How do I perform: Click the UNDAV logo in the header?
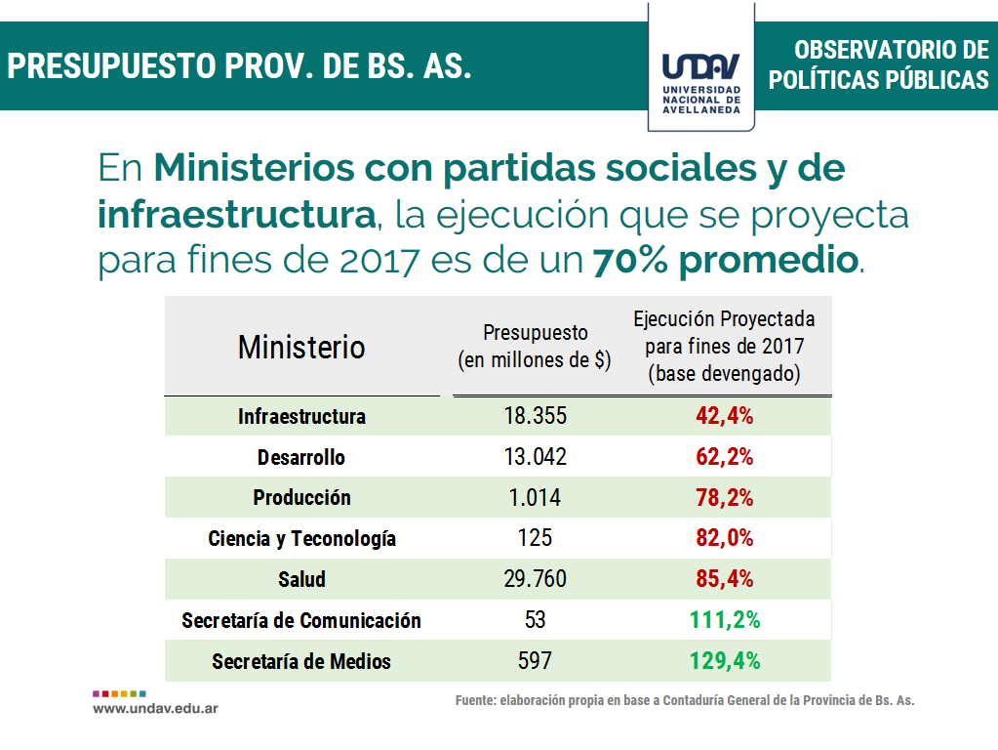pos(701,78)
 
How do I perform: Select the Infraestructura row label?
pos(301,416)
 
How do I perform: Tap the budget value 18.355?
pos(535,416)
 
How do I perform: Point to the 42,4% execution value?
pos(724,416)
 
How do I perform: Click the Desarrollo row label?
pos(301,457)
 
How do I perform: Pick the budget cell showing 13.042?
pos(535,457)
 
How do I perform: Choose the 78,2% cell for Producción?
pos(724,498)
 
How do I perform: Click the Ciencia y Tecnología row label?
pos(301,539)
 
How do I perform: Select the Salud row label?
pos(301,579)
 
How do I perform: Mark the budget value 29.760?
pos(535,579)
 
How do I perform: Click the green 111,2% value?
pos(724,620)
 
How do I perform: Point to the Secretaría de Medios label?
pos(301,661)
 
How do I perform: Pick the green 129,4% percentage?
pos(724,661)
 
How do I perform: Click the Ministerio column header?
pos(301,347)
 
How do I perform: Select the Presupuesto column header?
pos(535,346)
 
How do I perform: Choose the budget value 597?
pos(535,661)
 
